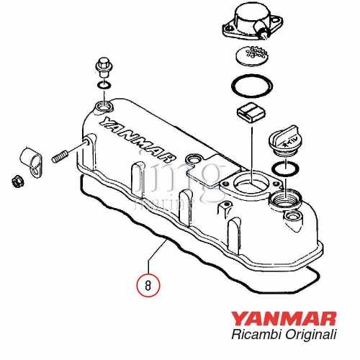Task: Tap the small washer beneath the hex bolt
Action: pyautogui.click(x=102, y=88)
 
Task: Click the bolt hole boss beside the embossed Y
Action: pyautogui.click(x=101, y=108)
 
